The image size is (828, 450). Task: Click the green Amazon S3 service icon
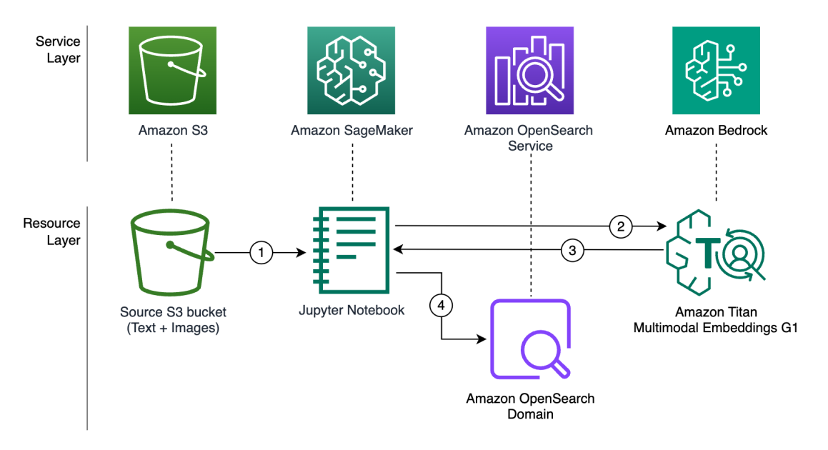171,71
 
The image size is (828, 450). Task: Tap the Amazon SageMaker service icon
351,71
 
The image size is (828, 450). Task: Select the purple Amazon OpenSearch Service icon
529,71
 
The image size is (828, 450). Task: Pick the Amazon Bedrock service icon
716,71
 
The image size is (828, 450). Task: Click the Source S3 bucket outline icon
172,254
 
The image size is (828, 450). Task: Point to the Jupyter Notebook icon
351,250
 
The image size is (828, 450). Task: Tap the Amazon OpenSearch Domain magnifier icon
529,342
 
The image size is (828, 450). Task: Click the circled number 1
261,252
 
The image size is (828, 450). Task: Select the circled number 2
621,227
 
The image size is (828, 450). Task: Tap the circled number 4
442,305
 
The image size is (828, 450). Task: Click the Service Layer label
59,50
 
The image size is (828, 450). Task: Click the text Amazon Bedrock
716,131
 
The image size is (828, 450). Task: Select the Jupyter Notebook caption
351,310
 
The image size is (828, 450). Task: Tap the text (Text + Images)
172,328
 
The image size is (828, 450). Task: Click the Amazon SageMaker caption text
351,131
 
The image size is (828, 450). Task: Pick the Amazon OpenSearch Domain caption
530,406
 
